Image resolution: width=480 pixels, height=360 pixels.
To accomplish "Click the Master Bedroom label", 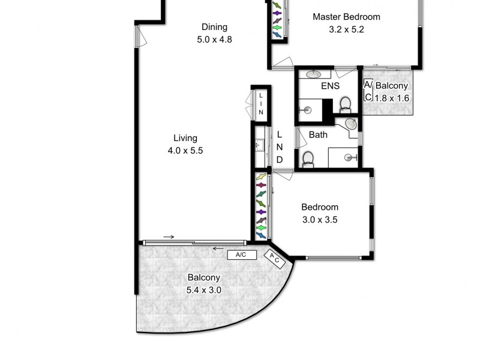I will (346, 17).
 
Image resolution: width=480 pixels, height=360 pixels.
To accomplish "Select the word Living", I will (185, 138).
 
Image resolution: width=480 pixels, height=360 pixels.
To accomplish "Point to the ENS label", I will (330, 86).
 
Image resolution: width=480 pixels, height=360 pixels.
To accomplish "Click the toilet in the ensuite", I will (345, 106).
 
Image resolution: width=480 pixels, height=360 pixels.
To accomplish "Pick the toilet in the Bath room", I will (308, 159).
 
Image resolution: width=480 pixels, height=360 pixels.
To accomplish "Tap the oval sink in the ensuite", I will (313, 74).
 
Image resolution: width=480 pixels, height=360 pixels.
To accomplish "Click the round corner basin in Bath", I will (351, 124).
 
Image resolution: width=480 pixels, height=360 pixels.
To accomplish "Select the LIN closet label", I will (261, 104).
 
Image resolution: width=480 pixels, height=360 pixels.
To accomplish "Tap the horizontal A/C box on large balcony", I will (242, 255).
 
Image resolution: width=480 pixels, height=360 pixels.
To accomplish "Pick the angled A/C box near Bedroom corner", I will (274, 259).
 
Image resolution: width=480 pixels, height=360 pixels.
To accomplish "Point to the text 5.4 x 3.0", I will (204, 290).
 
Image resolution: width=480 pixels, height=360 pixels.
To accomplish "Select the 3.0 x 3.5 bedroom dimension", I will (320, 220).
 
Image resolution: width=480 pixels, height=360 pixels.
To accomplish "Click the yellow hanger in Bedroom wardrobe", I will (261, 178).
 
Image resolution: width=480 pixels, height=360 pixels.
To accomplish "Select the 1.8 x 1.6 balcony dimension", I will (391, 98).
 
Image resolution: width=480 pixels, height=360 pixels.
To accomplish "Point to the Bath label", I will (318, 134).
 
